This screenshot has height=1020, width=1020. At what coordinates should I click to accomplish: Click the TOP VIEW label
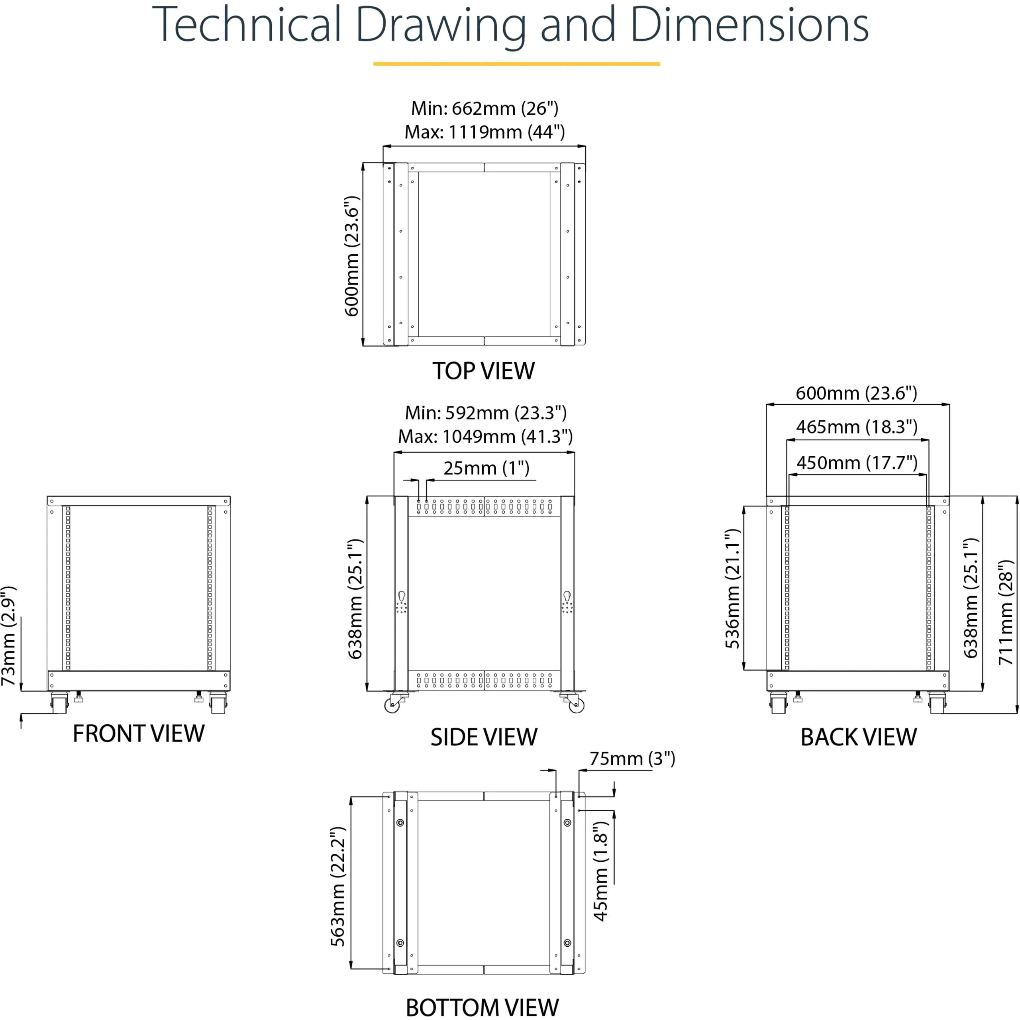point(484,371)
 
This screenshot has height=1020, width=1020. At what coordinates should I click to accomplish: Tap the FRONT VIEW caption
point(138,734)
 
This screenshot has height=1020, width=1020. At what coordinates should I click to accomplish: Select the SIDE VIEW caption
point(484,738)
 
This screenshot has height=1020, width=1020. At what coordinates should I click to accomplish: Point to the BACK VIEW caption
point(859,738)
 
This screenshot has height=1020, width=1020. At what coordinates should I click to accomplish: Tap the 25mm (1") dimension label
point(486,468)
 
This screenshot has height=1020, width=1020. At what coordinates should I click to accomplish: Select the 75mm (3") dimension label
point(632,759)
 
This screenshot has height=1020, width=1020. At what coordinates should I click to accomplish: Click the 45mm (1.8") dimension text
point(601,871)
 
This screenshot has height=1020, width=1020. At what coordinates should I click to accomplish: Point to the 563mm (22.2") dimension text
point(338,887)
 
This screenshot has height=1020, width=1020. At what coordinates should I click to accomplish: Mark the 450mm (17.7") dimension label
point(857,463)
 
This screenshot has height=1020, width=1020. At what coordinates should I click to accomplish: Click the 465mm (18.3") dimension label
point(857,427)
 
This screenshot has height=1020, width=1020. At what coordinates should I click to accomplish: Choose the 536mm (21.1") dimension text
point(733,588)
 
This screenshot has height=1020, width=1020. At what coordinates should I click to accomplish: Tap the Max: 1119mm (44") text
point(484,132)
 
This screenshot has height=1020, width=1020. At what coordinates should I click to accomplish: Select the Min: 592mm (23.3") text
point(486,413)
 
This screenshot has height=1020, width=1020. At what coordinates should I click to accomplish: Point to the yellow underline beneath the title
point(516,64)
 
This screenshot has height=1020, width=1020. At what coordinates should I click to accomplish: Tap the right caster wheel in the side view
point(576,705)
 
